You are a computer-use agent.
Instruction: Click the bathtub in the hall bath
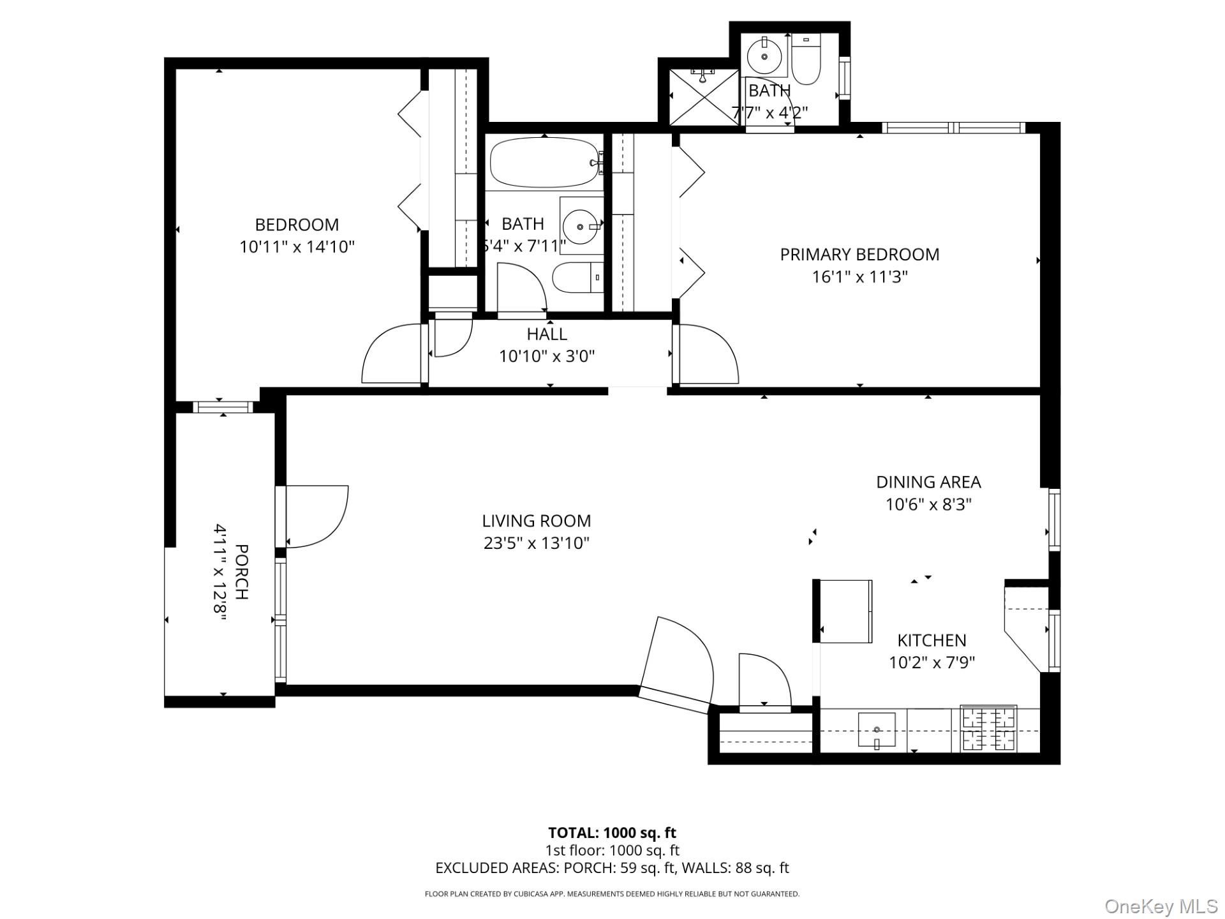click(x=544, y=163)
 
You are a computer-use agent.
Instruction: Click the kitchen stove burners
click(x=989, y=729)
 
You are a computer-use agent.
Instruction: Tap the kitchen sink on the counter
click(x=877, y=729)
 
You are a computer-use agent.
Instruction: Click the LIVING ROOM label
click(x=536, y=521)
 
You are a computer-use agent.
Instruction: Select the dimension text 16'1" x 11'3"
click(x=859, y=277)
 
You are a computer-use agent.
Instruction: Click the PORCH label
click(x=242, y=571)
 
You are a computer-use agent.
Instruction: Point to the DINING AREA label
click(x=928, y=482)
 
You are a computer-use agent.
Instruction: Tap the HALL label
click(x=547, y=334)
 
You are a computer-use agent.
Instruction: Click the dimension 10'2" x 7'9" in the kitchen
click(x=932, y=662)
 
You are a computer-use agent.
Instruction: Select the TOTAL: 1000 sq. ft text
click(x=612, y=833)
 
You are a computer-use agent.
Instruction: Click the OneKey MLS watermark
click(x=1161, y=906)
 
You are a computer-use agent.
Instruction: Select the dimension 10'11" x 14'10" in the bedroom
click(x=297, y=247)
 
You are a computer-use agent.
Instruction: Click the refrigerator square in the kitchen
click(x=845, y=611)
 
